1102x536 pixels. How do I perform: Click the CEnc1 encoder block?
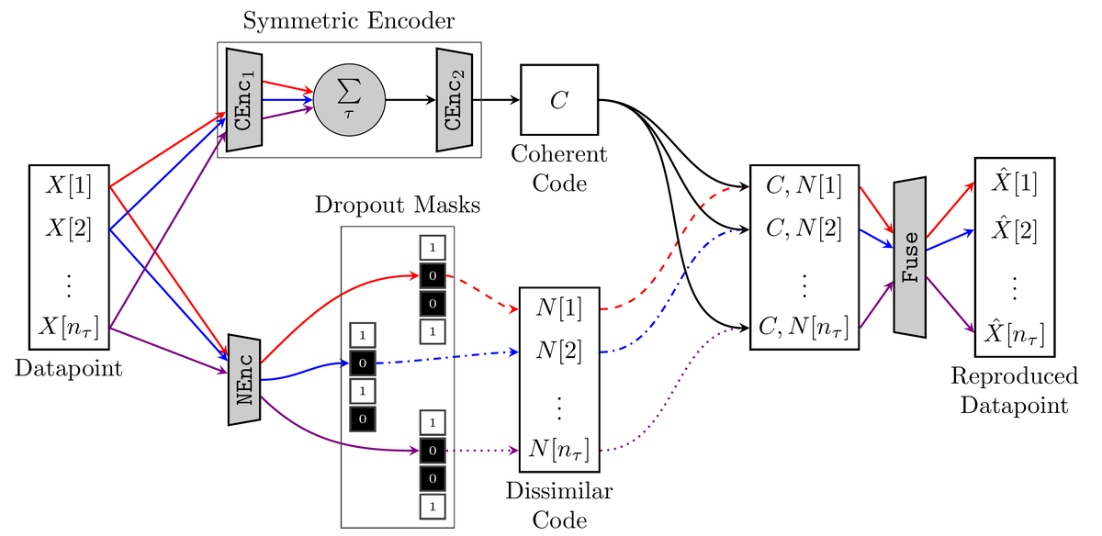[x=244, y=100]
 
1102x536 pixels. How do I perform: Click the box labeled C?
[x=559, y=100]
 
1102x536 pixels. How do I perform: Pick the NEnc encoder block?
[x=244, y=379]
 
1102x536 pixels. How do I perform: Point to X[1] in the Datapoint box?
[x=70, y=184]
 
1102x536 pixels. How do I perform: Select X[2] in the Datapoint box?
[x=70, y=229]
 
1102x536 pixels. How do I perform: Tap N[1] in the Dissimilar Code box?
[x=559, y=307]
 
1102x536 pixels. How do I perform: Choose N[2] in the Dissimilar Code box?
[x=559, y=352]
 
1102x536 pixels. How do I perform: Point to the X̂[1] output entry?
[x=1014, y=183]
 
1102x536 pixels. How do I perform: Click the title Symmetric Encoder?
[x=349, y=19]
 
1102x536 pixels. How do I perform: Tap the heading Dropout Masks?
[x=398, y=205]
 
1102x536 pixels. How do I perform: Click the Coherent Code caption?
[x=559, y=168]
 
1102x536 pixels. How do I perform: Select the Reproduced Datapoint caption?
[x=1014, y=390]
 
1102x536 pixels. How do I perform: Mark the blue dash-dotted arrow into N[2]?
[x=441, y=356]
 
